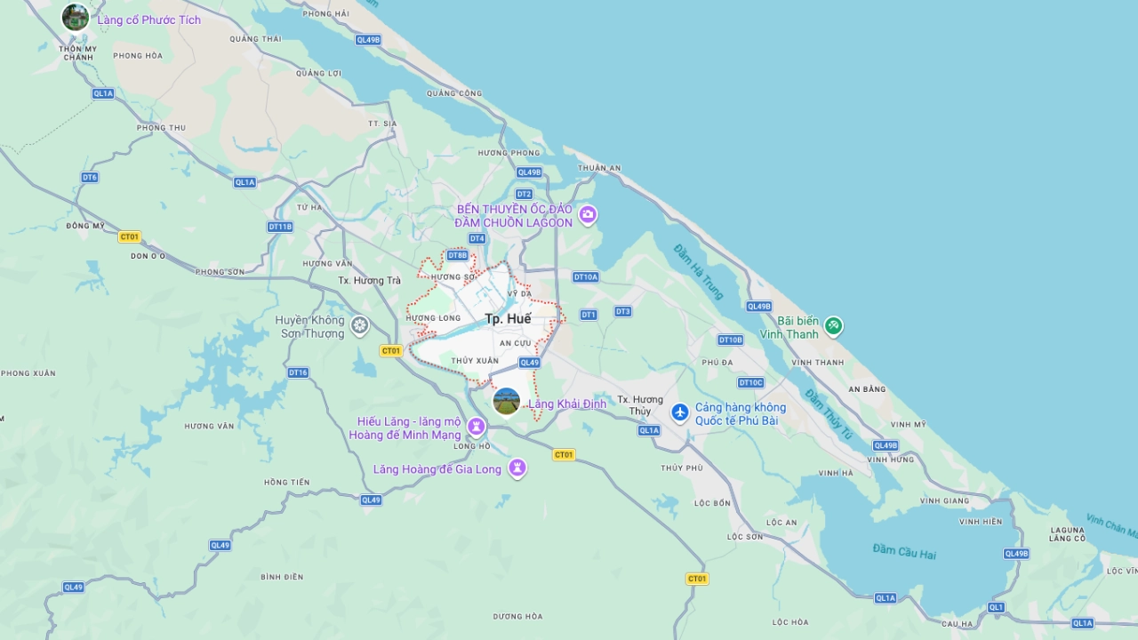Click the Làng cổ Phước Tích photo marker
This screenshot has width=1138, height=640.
pos(76,17)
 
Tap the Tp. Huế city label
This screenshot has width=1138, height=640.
pos(508,319)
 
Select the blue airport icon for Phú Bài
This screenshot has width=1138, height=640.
pos(680,412)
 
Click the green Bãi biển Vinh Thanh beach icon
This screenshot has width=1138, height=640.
pos(833,326)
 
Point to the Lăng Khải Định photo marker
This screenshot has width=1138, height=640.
pos(507,402)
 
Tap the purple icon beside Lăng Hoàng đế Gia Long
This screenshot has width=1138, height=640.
pos(517,468)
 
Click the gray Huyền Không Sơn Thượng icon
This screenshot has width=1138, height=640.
pos(359,325)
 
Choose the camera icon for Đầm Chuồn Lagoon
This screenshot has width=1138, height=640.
pos(587,215)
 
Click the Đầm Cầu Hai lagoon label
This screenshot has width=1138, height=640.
pos(904,551)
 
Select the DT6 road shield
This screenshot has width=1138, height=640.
pos(90,178)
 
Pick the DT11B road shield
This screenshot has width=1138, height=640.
pos(280,227)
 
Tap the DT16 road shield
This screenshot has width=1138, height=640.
pos(298,372)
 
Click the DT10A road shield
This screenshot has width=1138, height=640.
pos(586,277)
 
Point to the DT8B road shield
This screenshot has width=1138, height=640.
pos(457,255)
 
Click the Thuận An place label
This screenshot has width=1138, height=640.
pos(599,168)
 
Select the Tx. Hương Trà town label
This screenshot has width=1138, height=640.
pos(370,281)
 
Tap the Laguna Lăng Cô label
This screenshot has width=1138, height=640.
pos(1067,533)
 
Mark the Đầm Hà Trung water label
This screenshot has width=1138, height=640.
pos(699,270)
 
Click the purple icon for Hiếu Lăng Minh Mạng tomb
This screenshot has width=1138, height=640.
pos(477,428)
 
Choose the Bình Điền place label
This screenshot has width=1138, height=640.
pos(282,577)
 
